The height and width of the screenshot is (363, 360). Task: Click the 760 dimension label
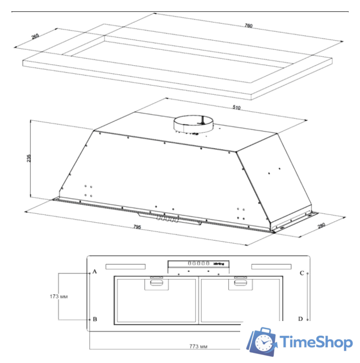[248, 26]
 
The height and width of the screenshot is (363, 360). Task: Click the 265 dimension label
[35, 37]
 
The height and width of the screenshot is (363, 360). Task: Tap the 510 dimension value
[237, 107]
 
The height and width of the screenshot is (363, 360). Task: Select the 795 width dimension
[137, 227]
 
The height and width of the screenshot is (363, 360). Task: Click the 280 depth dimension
[321, 227]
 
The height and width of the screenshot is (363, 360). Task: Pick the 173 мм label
[58, 296]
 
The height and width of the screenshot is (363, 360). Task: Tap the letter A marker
[95, 272]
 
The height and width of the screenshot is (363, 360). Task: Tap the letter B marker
[95, 319]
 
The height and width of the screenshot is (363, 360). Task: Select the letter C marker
[302, 272]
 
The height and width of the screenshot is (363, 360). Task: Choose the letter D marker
[302, 319]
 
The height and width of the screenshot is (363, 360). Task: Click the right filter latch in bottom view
[239, 282]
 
